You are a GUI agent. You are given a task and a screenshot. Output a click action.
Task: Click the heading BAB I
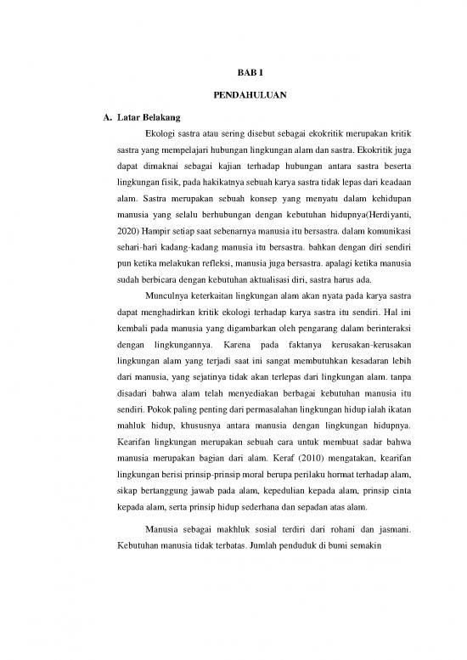click(x=242, y=74)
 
